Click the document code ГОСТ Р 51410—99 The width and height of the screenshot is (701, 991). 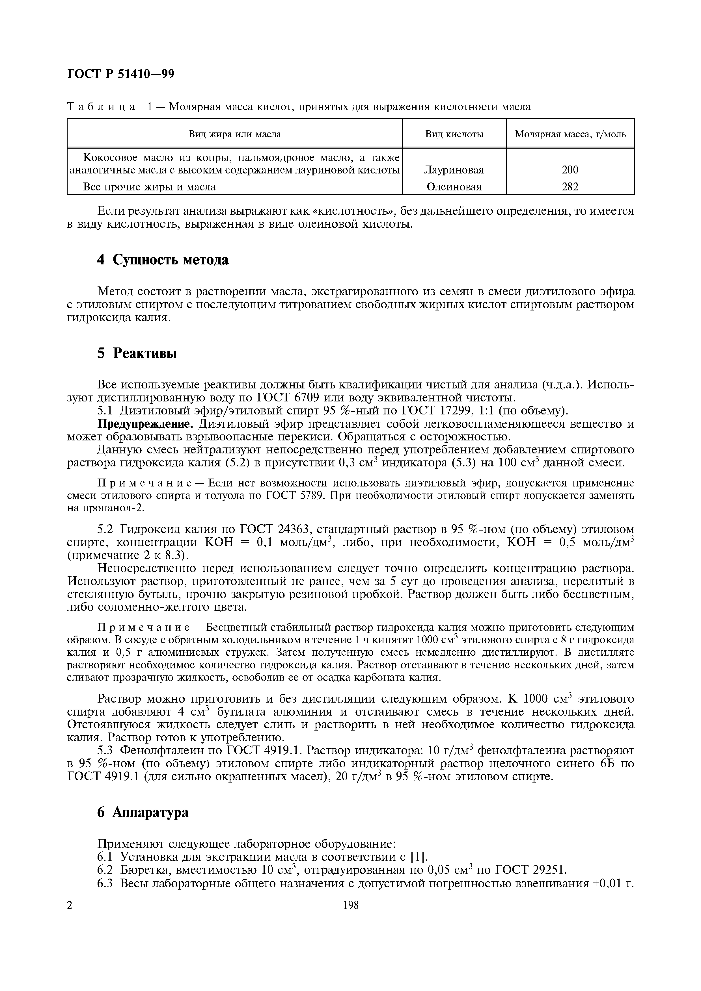point(121,74)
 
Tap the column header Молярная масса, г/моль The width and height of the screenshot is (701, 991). point(570,134)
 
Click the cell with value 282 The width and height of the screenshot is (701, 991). point(570,187)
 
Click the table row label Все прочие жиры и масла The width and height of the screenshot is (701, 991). point(149,187)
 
